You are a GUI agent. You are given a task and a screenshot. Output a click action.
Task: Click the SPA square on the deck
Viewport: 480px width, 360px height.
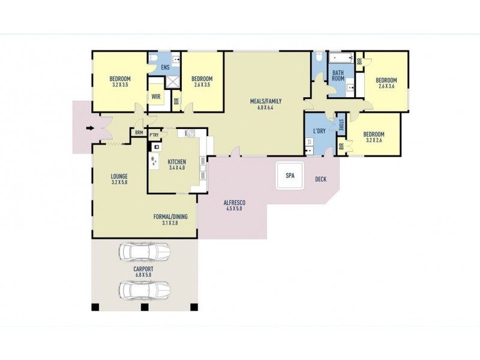(290, 176)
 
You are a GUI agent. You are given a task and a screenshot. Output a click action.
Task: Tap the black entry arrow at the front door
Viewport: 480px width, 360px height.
(90, 128)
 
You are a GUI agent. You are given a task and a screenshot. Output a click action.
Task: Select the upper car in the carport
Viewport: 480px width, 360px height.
(144, 252)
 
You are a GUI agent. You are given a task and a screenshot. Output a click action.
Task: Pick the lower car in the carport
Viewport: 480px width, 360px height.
(144, 290)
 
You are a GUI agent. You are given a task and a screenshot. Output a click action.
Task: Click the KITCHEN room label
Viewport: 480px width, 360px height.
(176, 162)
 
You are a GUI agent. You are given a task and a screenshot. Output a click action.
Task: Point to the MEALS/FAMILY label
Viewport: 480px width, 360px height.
(266, 101)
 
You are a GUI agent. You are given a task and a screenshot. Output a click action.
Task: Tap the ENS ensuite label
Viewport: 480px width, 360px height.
(166, 67)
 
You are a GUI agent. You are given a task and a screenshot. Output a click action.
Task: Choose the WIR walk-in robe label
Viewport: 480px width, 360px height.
(156, 97)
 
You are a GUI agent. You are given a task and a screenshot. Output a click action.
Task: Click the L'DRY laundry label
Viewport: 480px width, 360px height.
(319, 131)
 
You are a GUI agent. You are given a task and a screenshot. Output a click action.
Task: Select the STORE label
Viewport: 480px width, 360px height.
(341, 125)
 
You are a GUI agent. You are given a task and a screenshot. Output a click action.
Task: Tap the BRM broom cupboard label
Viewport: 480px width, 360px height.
(139, 133)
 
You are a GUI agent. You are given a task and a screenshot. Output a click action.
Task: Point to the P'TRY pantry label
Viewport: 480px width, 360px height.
(154, 135)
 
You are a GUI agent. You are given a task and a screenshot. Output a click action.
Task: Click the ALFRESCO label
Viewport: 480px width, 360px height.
(235, 203)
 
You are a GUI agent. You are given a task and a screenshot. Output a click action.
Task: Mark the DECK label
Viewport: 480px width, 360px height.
(320, 179)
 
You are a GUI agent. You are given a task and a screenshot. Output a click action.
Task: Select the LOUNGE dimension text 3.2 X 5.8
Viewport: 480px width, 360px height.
(119, 182)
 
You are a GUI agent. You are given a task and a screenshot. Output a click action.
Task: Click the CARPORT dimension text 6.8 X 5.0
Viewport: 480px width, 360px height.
(143, 275)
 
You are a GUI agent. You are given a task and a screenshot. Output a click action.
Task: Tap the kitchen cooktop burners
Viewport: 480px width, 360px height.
(190, 133)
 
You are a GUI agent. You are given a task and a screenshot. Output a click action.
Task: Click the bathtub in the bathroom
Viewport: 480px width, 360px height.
(341, 58)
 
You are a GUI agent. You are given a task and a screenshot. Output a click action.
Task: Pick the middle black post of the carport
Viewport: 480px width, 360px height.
(145, 307)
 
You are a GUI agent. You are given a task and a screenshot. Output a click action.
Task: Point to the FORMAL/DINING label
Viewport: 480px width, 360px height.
(170, 217)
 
